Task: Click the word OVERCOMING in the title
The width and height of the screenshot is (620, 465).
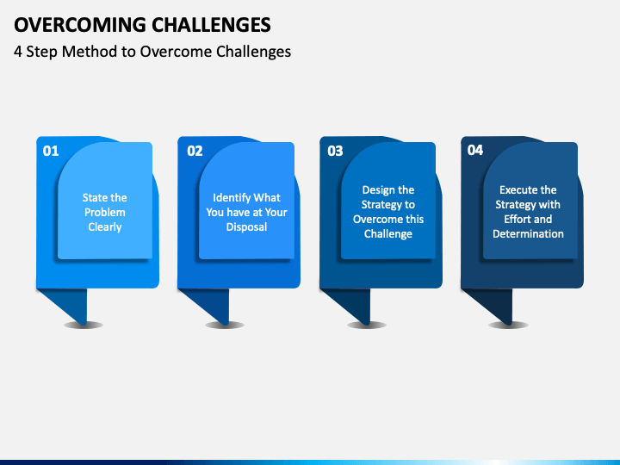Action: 80,25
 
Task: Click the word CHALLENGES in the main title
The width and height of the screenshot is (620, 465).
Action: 212,25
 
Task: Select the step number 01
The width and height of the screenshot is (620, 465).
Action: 51,151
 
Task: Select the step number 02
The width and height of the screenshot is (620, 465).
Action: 195,151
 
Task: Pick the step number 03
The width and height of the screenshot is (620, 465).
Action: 335,151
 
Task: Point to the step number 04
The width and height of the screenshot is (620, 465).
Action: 475,150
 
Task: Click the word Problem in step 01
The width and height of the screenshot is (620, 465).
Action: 105,213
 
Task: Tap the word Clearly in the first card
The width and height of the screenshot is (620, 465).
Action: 105,227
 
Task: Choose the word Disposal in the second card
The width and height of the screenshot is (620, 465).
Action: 247,227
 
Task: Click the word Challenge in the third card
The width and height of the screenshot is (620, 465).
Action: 388,234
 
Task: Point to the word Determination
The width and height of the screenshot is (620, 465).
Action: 528,233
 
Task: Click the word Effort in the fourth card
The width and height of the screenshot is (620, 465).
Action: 513,219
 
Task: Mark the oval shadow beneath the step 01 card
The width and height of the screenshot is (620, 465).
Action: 84,325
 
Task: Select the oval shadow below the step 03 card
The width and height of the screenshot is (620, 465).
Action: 367,325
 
